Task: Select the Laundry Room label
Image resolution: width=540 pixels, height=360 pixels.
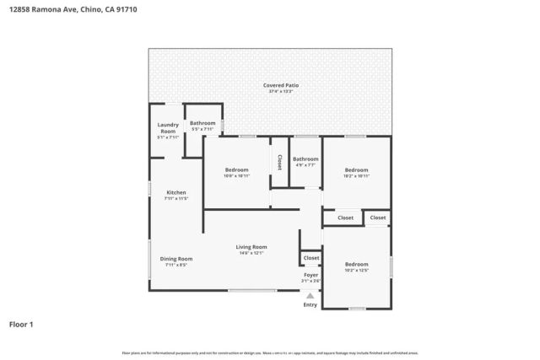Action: pyautogui.click(x=168, y=128)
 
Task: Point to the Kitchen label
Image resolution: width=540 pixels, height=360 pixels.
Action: pyautogui.click(x=175, y=192)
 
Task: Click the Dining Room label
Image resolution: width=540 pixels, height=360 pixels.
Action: pyautogui.click(x=176, y=258)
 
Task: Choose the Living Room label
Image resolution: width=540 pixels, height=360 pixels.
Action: pyautogui.click(x=253, y=246)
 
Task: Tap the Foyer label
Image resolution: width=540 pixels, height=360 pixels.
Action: pyautogui.click(x=311, y=275)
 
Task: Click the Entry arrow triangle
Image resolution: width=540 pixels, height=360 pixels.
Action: pyautogui.click(x=310, y=295)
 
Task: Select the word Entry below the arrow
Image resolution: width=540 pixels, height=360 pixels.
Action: pyautogui.click(x=310, y=304)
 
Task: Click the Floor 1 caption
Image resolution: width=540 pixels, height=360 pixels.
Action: pyautogui.click(x=22, y=324)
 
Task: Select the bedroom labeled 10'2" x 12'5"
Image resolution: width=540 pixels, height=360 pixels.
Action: pyautogui.click(x=356, y=267)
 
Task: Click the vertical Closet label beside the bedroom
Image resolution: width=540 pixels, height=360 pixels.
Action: pyautogui.click(x=278, y=160)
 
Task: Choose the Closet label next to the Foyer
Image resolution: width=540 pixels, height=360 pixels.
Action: pyautogui.click(x=311, y=257)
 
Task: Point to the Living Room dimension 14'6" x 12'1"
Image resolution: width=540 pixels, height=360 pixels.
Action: pyautogui.click(x=253, y=252)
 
